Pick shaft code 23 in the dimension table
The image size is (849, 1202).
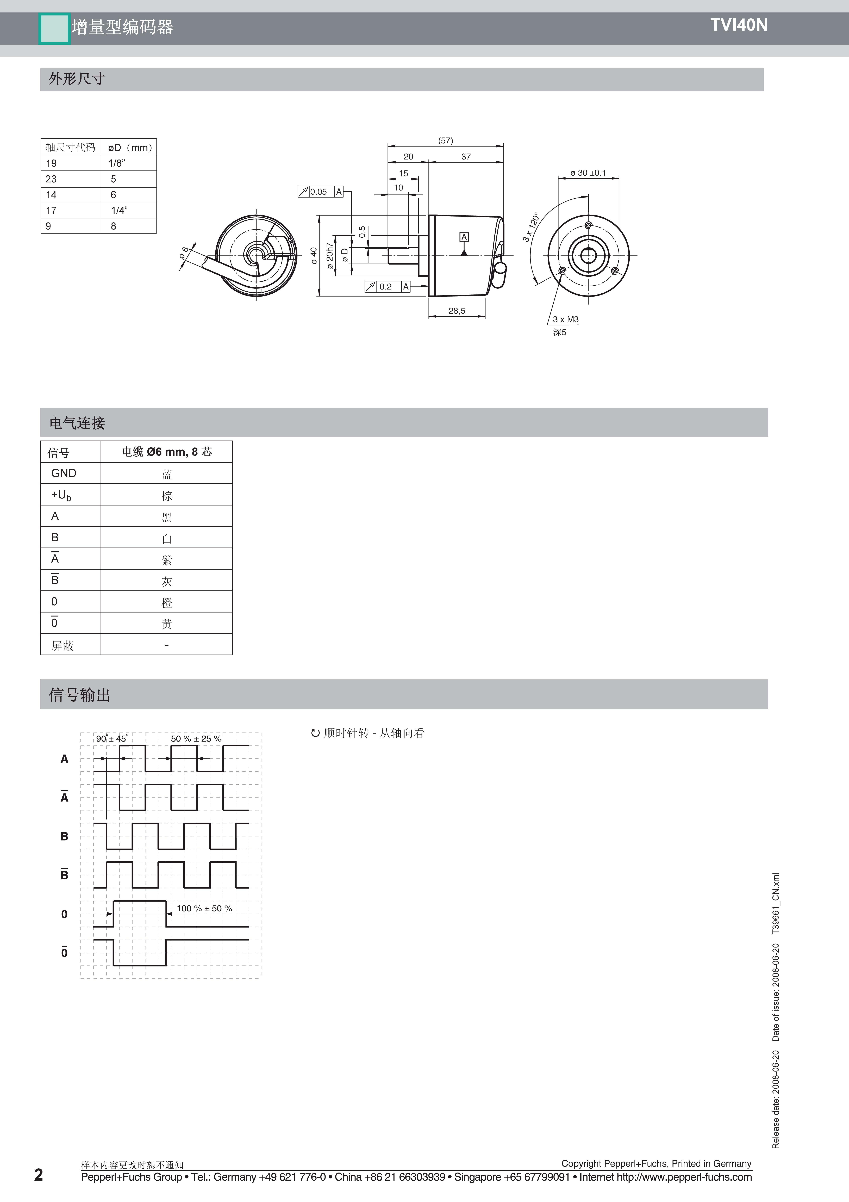(51, 179)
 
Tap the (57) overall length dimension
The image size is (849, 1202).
(445, 140)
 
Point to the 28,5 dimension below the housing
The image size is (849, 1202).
(456, 311)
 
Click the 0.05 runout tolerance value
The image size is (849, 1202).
(318, 192)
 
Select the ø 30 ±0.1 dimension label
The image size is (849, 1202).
(588, 173)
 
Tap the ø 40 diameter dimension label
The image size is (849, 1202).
(314, 255)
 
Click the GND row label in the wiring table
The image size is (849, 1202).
(64, 473)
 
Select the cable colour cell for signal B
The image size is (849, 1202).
(166, 538)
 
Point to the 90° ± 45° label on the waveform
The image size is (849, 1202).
(111, 739)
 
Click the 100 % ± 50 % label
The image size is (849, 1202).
(204, 908)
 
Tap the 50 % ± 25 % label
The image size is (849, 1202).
(196, 739)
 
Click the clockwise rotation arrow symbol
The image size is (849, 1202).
(315, 733)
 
